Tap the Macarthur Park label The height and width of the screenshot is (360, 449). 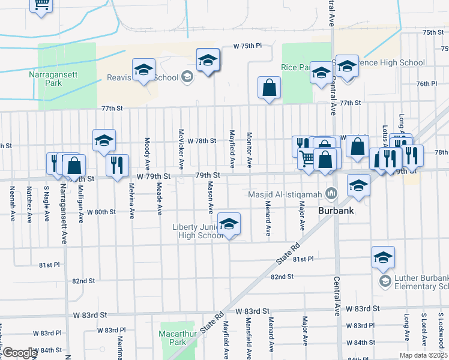point(173,337)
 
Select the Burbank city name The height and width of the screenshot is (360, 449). point(334,212)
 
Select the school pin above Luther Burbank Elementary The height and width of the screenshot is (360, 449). point(383,258)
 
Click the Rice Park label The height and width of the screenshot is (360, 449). point(297,67)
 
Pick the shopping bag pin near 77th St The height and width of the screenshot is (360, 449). point(270,88)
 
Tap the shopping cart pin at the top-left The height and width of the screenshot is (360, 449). point(41,5)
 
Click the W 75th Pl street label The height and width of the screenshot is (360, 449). point(248,46)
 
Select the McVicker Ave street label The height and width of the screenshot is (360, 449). point(181,149)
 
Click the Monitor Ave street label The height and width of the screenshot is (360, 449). point(249,150)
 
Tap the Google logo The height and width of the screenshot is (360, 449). point(20,353)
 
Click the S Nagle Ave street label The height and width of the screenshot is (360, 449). point(46,203)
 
